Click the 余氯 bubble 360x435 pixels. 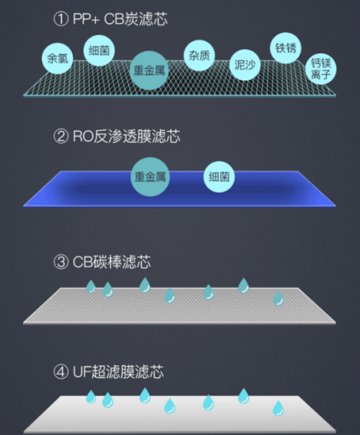click(58, 58)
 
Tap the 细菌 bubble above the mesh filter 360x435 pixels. click(99, 50)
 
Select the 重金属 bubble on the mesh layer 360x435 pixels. click(149, 70)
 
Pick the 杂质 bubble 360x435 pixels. click(199, 55)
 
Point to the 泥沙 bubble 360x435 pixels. click(245, 66)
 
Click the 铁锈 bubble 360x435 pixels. click(286, 48)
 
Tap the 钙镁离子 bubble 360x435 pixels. click(321, 69)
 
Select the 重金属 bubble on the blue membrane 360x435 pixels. click(150, 176)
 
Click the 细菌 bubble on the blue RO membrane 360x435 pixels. click(219, 176)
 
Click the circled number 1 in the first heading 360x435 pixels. click(60, 19)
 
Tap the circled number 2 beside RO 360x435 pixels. click(60, 136)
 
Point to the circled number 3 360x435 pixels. click(60, 262)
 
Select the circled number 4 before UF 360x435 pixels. click(60, 372)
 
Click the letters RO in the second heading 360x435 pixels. click(83, 137)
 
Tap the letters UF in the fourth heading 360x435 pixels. click(81, 372)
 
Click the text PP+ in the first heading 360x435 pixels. click(86, 19)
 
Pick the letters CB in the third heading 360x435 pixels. click(82, 262)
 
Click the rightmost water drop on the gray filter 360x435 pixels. click(278, 298)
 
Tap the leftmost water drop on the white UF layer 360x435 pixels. click(91, 397)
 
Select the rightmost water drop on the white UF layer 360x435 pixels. click(278, 408)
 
